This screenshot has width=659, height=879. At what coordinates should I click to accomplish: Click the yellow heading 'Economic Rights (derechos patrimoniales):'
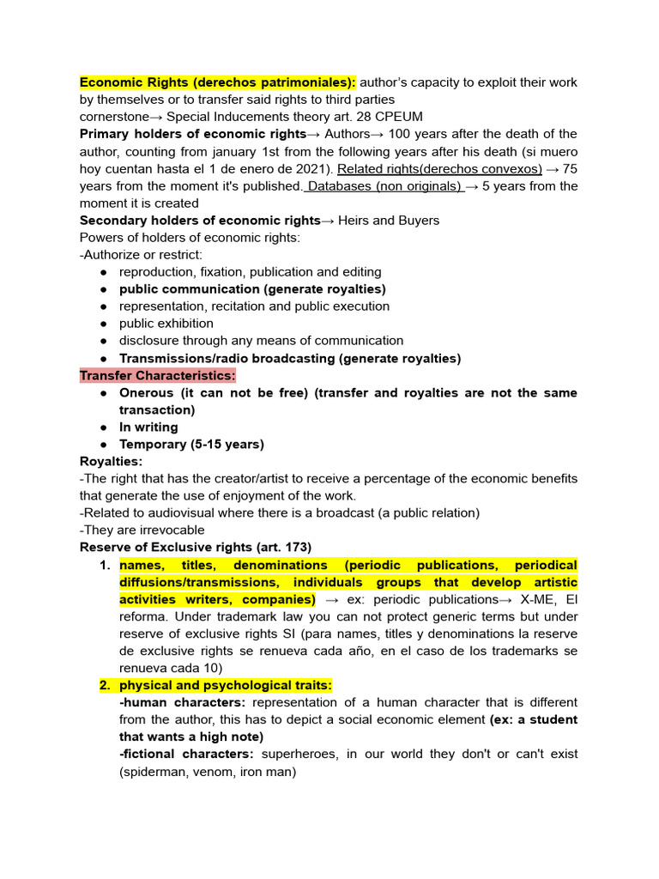[217, 82]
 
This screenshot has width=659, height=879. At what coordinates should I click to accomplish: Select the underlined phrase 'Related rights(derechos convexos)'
[440, 169]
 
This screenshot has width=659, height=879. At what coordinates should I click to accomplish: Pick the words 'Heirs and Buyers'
[389, 221]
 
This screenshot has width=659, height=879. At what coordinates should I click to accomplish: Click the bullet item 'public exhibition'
[166, 324]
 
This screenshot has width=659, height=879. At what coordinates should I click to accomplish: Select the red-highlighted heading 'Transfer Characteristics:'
[157, 375]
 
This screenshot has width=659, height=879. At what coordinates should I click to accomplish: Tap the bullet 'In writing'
[148, 427]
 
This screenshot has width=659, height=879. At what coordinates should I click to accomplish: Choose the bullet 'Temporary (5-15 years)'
[191, 444]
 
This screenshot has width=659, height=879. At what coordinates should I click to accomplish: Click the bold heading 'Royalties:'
[112, 461]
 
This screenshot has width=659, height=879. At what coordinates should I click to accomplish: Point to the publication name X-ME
[538, 599]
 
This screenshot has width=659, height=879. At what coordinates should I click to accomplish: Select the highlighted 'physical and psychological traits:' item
[225, 685]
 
